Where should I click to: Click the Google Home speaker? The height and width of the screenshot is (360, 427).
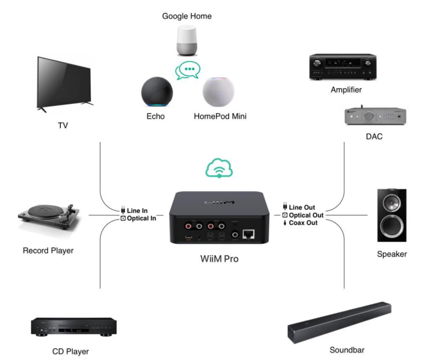click(x=187, y=40)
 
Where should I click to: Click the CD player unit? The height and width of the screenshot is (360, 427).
click(x=73, y=327)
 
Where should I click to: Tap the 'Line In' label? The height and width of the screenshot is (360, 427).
click(x=137, y=211)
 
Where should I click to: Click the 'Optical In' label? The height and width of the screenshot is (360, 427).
click(x=141, y=218)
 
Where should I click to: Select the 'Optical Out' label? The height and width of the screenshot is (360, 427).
click(x=306, y=215)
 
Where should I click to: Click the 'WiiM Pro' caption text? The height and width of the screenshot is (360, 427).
click(x=219, y=259)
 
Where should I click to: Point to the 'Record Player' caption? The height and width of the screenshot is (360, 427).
click(x=48, y=251)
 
